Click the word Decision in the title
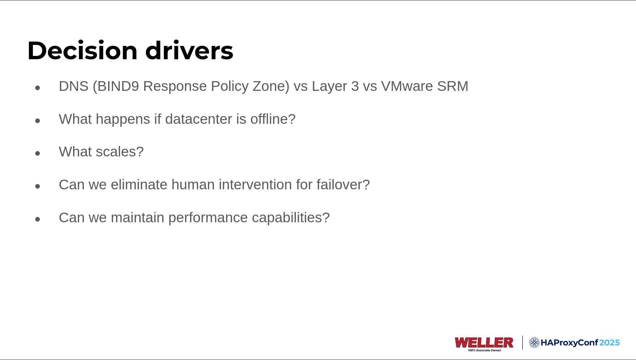[82, 51]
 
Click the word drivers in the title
[189, 51]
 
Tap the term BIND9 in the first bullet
[118, 87]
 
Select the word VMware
[407, 87]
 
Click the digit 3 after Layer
[355, 87]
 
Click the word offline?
[273, 119]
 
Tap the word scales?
[120, 152]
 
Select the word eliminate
[139, 185]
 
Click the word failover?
[343, 185]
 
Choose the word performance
[208, 218]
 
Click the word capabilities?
[291, 218]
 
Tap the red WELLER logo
[484, 342]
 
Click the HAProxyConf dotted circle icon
[534, 342]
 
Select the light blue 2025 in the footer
[609, 343]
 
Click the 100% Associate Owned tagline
[484, 350]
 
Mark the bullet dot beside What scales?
[38, 153]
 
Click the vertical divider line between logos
[522, 342]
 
